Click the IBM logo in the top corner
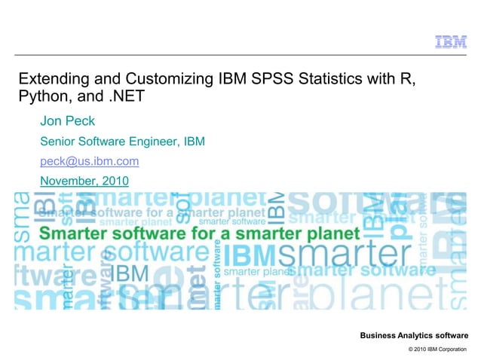click(x=450, y=42)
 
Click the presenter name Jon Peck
click(x=66, y=122)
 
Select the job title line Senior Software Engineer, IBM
click(x=122, y=142)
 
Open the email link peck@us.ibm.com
click(x=89, y=161)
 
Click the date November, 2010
click(x=84, y=181)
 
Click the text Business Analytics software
click(x=414, y=334)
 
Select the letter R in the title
click(x=409, y=79)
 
